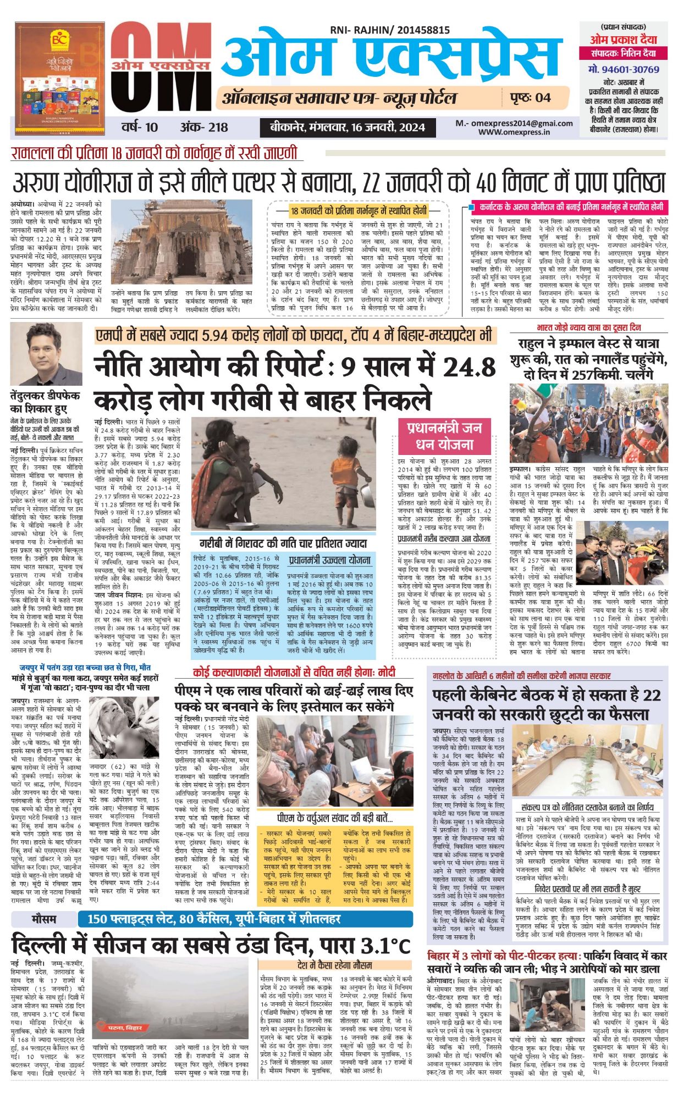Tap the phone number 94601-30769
pyautogui.click(x=624, y=70)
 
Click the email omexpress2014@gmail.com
pyautogui.click(x=514, y=124)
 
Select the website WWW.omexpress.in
pyautogui.click(x=514, y=132)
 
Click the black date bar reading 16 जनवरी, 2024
pyautogui.click(x=347, y=127)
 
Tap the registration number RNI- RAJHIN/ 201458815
pyautogui.click(x=390, y=31)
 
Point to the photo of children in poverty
pyautogui.click(x=283, y=473)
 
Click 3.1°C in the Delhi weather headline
pyautogui.click(x=385, y=945)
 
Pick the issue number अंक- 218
pyautogui.click(x=203, y=127)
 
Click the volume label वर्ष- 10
pyautogui.click(x=139, y=127)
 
